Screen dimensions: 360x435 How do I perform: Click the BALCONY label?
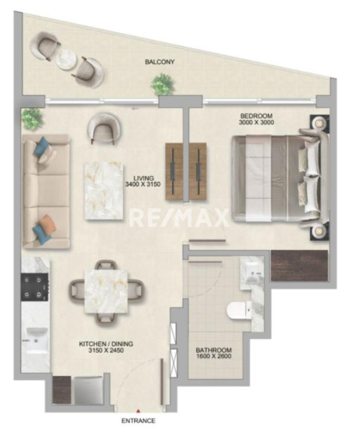point(160,62)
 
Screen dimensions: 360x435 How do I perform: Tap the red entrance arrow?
point(137,411)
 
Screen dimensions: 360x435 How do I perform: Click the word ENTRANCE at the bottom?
point(138,421)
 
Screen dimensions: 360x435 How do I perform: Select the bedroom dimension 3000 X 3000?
point(257,122)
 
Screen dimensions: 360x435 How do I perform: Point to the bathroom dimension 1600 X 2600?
point(214,356)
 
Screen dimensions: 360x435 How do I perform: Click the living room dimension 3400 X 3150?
point(143,184)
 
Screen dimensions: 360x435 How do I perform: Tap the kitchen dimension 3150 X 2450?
point(106,350)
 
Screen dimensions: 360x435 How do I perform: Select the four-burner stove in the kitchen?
point(35,286)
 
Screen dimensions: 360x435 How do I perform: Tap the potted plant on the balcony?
point(163,83)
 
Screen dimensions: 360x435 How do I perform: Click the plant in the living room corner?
point(32,118)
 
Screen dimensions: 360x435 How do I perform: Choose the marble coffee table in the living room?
point(104,191)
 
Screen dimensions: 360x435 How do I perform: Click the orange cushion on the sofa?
point(48,223)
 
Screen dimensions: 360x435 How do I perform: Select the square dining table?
point(106,292)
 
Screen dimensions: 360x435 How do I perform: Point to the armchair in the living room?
point(104,128)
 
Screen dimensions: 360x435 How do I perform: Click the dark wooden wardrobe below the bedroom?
point(300,266)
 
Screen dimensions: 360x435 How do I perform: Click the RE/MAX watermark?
point(180,218)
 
